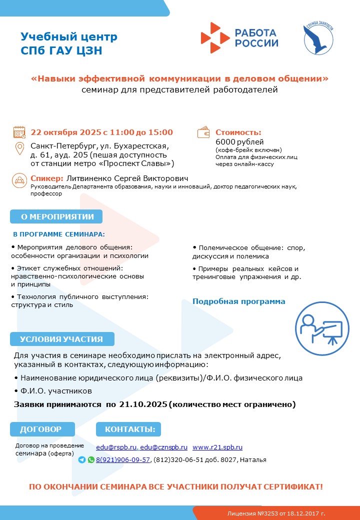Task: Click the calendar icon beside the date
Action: (19, 132)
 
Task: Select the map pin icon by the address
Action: (20, 148)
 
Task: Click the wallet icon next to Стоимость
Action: (203, 132)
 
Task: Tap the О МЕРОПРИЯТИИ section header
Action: (56, 216)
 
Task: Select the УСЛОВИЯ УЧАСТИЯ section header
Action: (61, 339)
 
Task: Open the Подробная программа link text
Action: (239, 301)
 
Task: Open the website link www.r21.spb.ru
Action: (217, 447)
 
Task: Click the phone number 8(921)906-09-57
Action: (123, 460)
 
